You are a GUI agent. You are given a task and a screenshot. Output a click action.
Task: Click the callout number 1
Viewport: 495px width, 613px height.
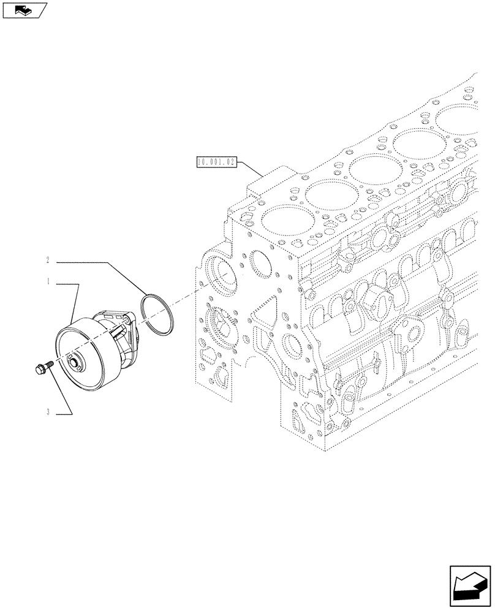47,284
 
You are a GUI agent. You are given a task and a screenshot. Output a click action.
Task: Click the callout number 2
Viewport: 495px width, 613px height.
47,261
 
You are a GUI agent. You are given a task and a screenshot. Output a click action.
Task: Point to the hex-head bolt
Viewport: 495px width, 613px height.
40,368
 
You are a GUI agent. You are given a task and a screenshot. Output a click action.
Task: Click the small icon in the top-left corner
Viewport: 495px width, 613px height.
24,10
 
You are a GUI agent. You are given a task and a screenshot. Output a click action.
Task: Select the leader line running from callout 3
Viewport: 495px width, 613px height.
61,392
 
